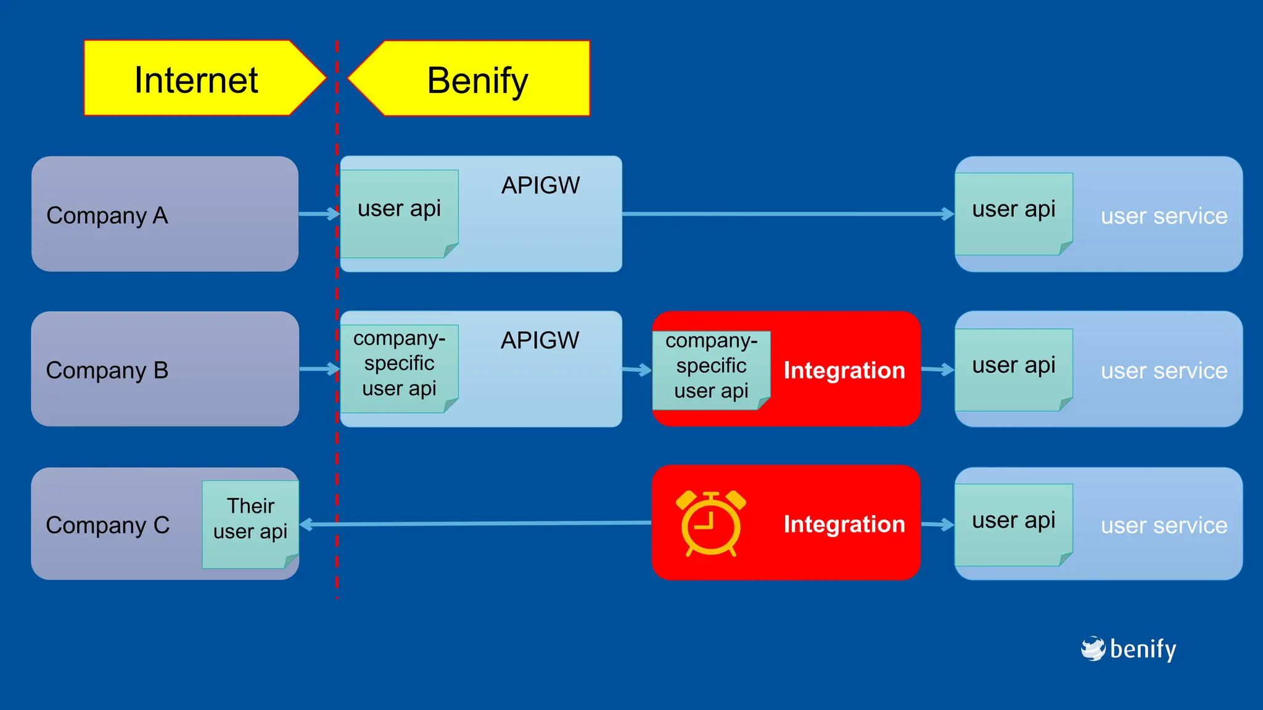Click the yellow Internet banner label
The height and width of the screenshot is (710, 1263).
tap(196, 80)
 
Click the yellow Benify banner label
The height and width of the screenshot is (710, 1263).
tap(477, 80)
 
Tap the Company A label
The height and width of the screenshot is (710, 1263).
tap(107, 216)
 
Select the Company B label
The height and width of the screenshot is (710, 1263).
tap(107, 370)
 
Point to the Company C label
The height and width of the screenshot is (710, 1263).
tap(108, 525)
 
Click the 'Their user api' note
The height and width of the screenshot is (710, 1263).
tap(250, 519)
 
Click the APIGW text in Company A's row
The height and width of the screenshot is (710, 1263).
tap(540, 185)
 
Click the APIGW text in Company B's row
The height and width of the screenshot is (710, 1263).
tap(540, 340)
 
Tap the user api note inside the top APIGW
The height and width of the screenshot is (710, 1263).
tap(400, 210)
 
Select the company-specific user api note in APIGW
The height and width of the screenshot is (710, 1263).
tap(400, 364)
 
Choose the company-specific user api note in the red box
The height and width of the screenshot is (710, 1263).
tap(711, 366)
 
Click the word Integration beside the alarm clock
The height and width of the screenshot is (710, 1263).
tap(844, 524)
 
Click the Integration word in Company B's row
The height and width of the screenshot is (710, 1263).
tap(844, 370)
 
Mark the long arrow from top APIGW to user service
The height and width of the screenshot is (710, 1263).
tap(783, 214)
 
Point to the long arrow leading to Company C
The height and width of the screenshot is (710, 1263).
tap(475, 524)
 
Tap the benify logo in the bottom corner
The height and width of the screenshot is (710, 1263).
tap(1129, 649)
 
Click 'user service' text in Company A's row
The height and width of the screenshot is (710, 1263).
tap(1164, 216)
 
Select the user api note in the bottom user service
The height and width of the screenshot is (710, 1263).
tap(1014, 521)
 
